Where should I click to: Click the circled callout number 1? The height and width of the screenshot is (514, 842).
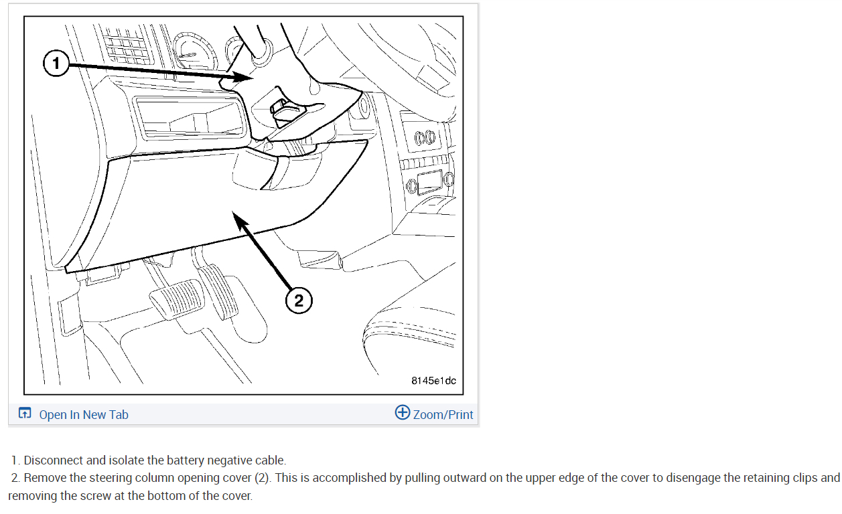tap(56, 64)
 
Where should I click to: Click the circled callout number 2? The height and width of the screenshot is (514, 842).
tap(299, 301)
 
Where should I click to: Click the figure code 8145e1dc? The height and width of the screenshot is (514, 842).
tap(433, 381)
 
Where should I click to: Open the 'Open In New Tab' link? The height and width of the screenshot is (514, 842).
tap(84, 414)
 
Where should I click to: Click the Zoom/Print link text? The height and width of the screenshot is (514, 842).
tap(443, 414)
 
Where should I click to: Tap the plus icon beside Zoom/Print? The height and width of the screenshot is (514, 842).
tap(402, 412)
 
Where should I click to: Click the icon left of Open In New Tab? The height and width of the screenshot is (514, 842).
tap(25, 413)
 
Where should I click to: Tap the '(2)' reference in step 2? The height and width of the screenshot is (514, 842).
tap(263, 478)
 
